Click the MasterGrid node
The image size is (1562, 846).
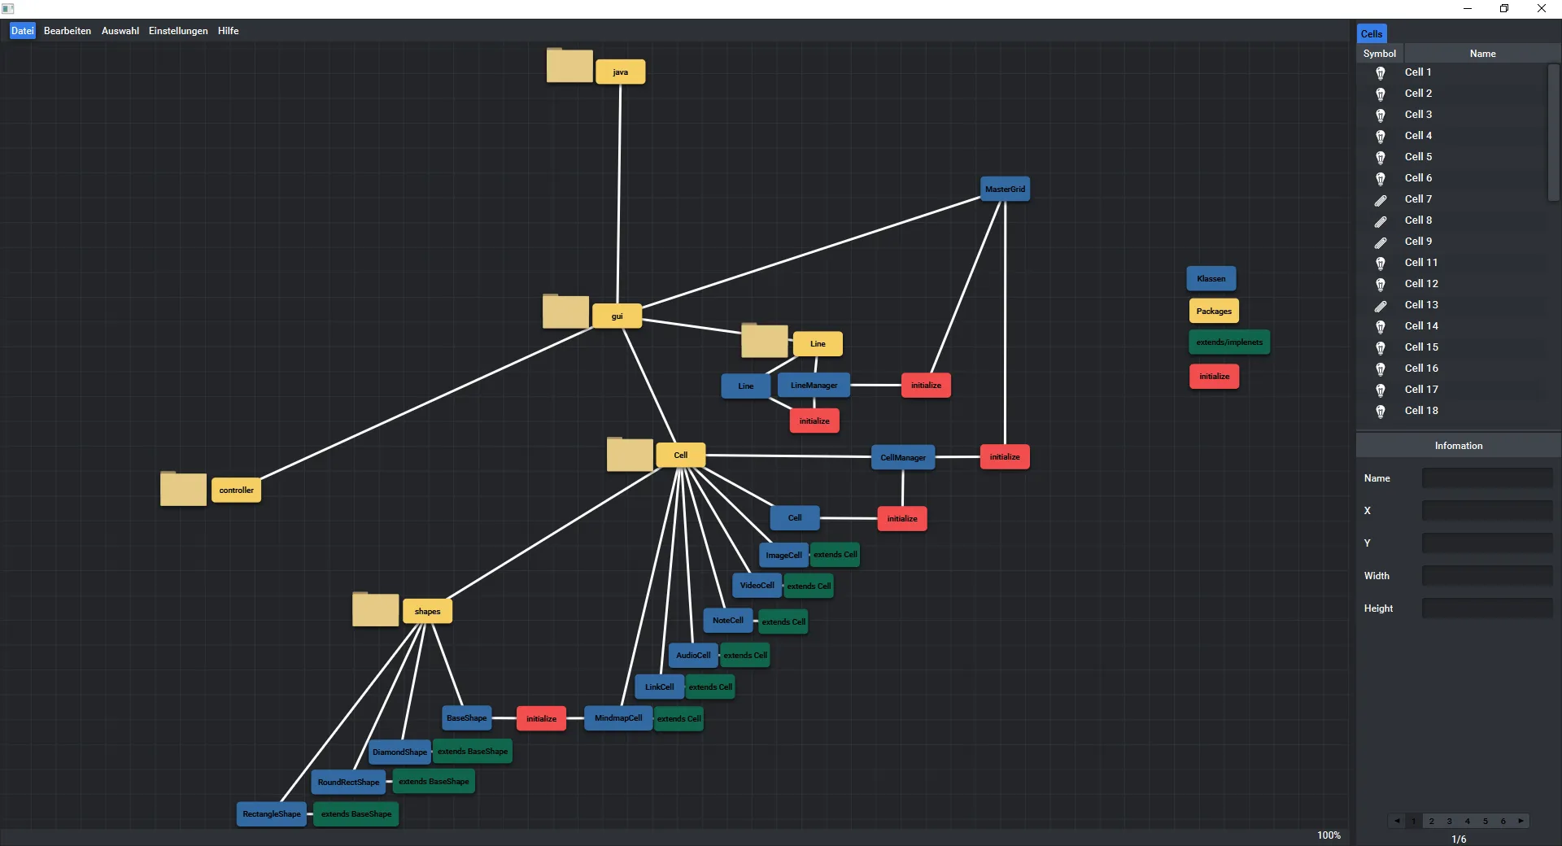[1005, 189]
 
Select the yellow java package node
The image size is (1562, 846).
[620, 72]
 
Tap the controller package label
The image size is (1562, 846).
[236, 490]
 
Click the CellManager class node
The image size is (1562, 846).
[902, 457]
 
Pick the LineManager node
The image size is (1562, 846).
[814, 385]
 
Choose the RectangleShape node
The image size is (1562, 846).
[271, 813]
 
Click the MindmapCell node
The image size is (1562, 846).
[617, 717]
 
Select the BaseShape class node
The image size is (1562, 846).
[466, 717]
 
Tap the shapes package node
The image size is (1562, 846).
[427, 611]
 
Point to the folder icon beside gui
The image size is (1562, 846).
[565, 312]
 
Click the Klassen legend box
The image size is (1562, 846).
[1211, 278]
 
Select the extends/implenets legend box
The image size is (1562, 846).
[1228, 342]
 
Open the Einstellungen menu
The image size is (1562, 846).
[178, 31]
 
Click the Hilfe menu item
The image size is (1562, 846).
[228, 31]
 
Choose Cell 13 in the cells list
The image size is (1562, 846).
[1421, 304]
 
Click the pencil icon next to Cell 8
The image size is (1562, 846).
[1381, 220]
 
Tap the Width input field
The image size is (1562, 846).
[1486, 576]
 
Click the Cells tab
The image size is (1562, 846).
[1371, 33]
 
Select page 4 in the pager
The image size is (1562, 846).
[1468, 821]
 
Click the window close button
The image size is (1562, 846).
[1541, 8]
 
